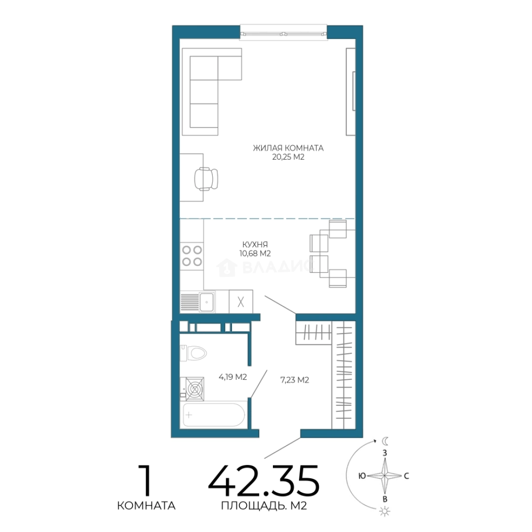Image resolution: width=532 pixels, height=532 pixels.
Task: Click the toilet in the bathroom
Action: (x=194, y=353)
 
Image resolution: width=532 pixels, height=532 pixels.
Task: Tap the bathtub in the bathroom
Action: (x=214, y=415)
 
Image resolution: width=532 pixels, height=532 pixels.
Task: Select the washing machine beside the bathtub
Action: (x=192, y=389)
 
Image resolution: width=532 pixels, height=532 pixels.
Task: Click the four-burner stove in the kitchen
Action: (x=192, y=256)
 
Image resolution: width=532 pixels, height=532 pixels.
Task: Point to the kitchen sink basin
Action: (x=206, y=302)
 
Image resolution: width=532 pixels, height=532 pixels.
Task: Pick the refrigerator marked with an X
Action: (x=241, y=301)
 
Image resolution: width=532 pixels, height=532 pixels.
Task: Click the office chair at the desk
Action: (x=206, y=179)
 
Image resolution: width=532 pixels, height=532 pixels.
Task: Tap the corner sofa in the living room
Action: (x=212, y=92)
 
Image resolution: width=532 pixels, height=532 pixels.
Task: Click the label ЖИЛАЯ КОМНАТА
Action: (x=288, y=148)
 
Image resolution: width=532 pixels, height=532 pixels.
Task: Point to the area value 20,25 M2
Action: (x=288, y=157)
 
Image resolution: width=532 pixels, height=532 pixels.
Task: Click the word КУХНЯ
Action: (x=255, y=244)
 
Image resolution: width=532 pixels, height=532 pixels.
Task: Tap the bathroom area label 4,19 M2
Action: (x=233, y=377)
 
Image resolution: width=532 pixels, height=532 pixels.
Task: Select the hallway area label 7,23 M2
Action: (x=295, y=380)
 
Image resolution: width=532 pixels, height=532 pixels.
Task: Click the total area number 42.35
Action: (x=264, y=481)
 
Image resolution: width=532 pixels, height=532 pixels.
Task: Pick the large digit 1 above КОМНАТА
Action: (x=145, y=481)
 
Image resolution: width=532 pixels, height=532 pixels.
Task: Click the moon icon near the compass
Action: (x=385, y=441)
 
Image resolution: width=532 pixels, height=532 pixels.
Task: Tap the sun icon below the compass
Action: (x=385, y=511)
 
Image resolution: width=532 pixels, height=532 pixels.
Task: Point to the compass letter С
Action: (x=406, y=476)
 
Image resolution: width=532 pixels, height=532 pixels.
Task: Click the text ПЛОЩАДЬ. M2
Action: (x=264, y=506)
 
